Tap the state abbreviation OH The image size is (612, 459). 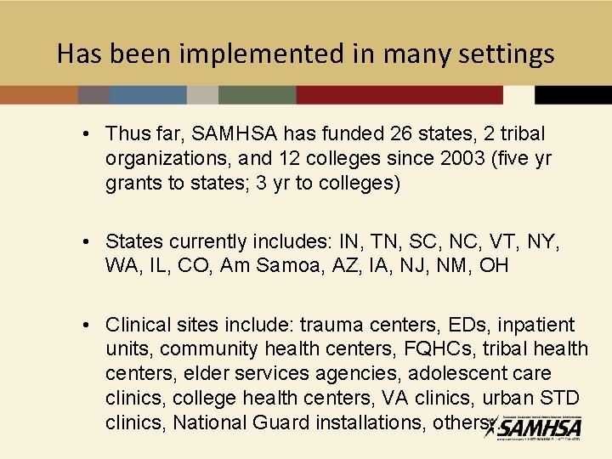tap(493, 266)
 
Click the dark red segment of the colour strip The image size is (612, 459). tap(399, 94)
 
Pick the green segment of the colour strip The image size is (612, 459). tap(258, 94)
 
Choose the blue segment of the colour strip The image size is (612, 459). tap(148, 94)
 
